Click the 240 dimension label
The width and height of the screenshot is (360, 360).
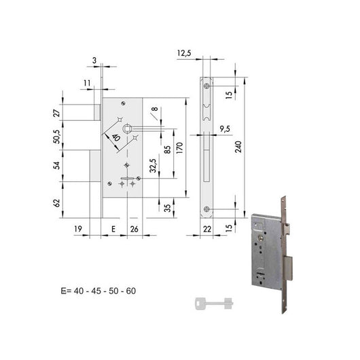point(238,147)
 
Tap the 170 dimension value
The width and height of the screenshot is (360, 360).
point(180,148)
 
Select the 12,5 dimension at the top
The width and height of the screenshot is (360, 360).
point(184,53)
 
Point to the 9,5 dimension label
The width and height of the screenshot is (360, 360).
point(225,129)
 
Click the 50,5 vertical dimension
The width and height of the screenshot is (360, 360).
point(56,137)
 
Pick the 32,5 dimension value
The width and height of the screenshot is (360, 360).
point(153,166)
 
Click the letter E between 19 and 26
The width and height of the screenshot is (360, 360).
point(113,229)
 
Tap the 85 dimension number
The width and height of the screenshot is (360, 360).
point(168,149)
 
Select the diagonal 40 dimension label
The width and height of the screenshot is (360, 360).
point(116,138)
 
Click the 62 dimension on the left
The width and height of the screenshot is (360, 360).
point(56,203)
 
